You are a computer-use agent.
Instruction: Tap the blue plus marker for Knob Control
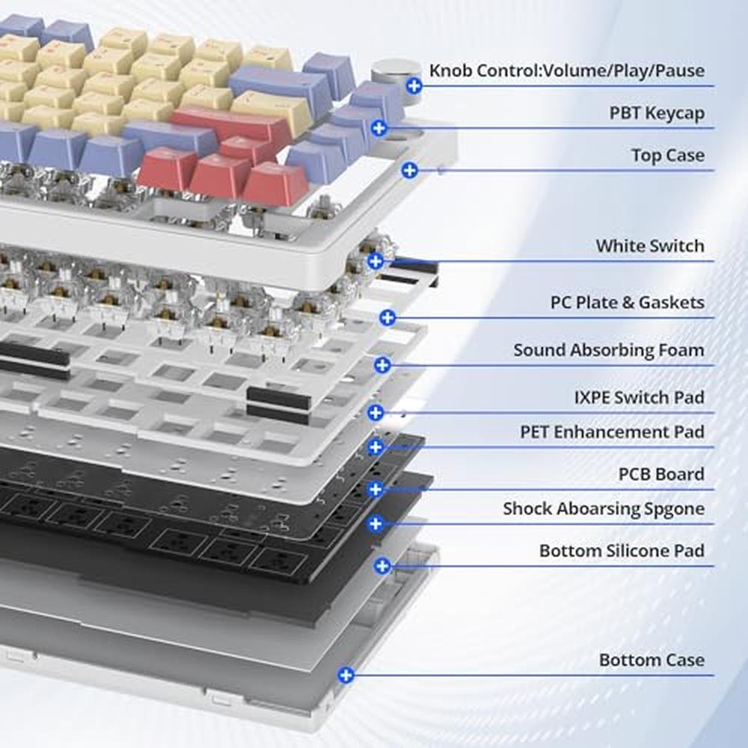pyautogui.click(x=414, y=86)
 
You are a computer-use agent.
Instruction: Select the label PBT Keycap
pyautogui.click(x=657, y=113)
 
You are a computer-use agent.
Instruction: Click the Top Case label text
pyautogui.click(x=668, y=155)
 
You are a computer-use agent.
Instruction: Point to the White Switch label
pyautogui.click(x=650, y=245)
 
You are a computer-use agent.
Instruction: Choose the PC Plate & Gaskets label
pyautogui.click(x=628, y=302)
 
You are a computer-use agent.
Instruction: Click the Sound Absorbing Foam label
pyautogui.click(x=609, y=350)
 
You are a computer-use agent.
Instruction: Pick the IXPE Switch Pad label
pyautogui.click(x=640, y=397)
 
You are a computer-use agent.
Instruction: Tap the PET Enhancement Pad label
pyautogui.click(x=612, y=432)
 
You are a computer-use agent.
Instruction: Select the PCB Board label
pyautogui.click(x=661, y=473)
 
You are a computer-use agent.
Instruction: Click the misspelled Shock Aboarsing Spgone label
pyautogui.click(x=604, y=509)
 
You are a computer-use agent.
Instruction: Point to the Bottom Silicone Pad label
pyautogui.click(x=622, y=551)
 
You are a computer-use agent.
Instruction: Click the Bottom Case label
pyautogui.click(x=652, y=660)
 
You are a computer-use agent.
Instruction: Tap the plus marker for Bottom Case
pyautogui.click(x=346, y=675)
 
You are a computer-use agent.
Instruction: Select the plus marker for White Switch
pyautogui.click(x=375, y=261)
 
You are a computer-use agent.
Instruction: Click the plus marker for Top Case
pyautogui.click(x=409, y=171)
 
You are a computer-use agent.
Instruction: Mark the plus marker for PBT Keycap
pyautogui.click(x=378, y=128)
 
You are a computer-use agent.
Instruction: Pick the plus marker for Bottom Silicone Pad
pyautogui.click(x=382, y=566)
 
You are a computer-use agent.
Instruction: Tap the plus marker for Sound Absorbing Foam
pyautogui.click(x=382, y=366)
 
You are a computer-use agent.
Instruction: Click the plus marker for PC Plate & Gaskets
pyautogui.click(x=387, y=318)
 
